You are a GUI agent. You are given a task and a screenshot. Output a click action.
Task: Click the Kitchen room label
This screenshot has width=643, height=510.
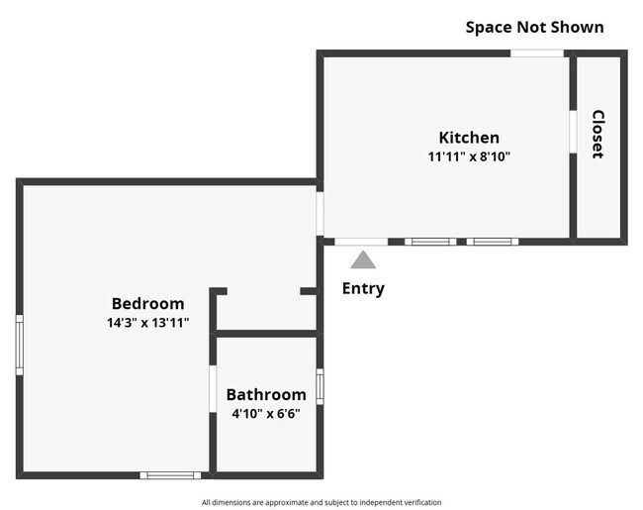coord(469,138)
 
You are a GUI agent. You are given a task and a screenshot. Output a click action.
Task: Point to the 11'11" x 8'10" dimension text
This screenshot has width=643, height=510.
coord(469,156)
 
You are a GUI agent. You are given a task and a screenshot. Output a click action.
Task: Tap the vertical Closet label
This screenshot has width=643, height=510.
coord(597,134)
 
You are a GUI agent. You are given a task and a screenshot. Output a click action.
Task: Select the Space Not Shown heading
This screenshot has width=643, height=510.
coord(534,27)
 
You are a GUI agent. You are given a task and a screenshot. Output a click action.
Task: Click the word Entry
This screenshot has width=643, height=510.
coord(363,289)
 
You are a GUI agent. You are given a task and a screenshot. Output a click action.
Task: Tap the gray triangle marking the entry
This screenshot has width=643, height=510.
coord(363,260)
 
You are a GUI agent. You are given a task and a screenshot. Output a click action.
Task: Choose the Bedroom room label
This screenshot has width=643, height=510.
coord(147,304)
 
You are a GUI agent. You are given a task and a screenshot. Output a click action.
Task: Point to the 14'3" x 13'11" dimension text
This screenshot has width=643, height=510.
coord(147,323)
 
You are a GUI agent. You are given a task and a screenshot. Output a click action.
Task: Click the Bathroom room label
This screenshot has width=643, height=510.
coord(266,394)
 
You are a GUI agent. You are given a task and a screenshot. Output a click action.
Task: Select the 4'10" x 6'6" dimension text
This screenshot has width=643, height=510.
coord(266,413)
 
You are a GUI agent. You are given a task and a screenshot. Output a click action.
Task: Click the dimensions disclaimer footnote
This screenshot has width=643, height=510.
coord(321,502)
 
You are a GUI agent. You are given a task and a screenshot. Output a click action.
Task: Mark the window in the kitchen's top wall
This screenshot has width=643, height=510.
coord(537,52)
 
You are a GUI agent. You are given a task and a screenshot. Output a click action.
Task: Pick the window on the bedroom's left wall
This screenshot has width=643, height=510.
coord(19,344)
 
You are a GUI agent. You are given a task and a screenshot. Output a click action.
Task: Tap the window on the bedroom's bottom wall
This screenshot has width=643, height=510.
coord(170,475)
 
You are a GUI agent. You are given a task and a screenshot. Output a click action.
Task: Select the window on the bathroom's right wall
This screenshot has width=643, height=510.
coord(320,386)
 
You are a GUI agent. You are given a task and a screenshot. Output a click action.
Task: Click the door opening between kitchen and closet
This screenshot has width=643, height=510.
coord(573,131)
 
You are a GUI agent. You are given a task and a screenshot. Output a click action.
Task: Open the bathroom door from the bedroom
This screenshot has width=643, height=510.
coord(213,389)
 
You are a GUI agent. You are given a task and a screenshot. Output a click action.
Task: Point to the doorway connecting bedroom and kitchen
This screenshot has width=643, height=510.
coord(320,212)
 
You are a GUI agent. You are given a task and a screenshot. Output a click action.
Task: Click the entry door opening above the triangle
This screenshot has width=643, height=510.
coord(361,242)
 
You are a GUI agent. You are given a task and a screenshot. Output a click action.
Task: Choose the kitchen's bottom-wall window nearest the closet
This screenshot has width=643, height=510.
coord(493,242)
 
